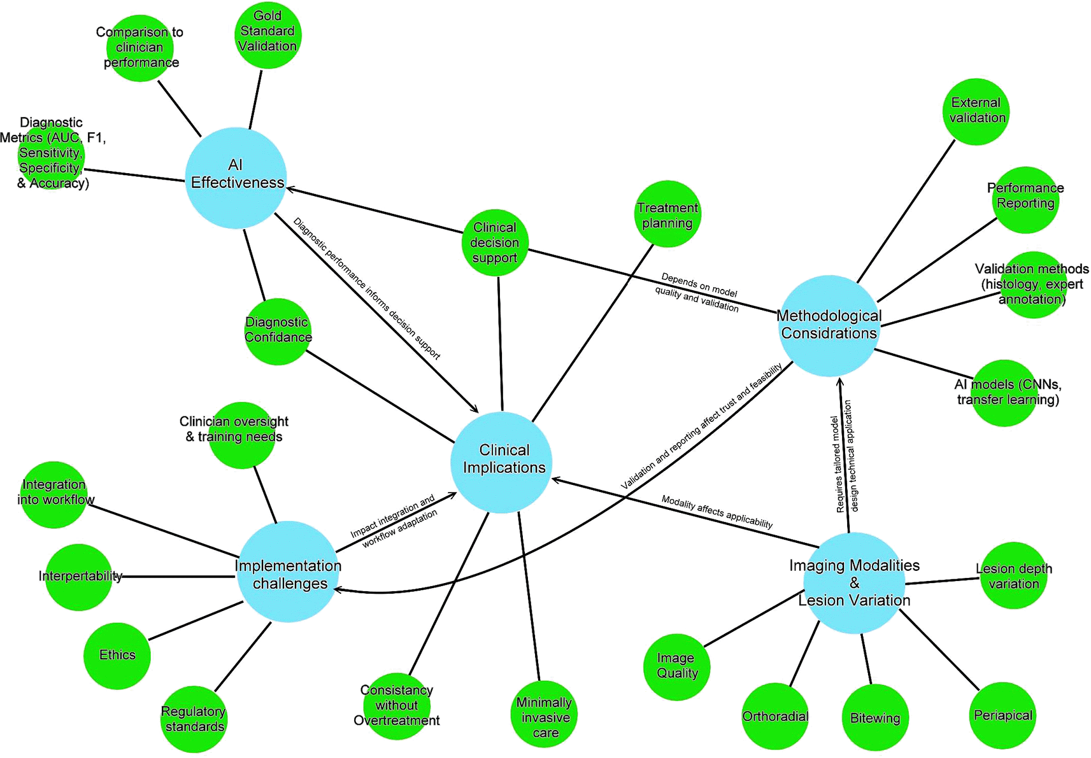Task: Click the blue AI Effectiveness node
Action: click(236, 178)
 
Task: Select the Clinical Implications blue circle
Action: click(501, 462)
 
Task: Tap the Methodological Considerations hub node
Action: click(829, 326)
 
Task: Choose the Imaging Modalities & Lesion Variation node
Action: click(853, 582)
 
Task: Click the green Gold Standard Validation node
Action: click(267, 34)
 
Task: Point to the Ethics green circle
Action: click(117, 656)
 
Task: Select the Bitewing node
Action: click(875, 718)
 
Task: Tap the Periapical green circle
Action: click(1002, 715)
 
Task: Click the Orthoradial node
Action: click(775, 717)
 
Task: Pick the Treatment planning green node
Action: click(667, 214)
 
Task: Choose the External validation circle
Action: click(976, 112)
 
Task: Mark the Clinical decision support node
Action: click(495, 242)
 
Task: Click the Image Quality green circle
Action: click(676, 666)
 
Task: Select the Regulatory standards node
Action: click(194, 719)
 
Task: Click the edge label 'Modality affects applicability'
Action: click(717, 512)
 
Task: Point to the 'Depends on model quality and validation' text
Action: click(698, 292)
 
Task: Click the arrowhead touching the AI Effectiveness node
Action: click(290, 188)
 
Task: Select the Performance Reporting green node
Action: click(1025, 200)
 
